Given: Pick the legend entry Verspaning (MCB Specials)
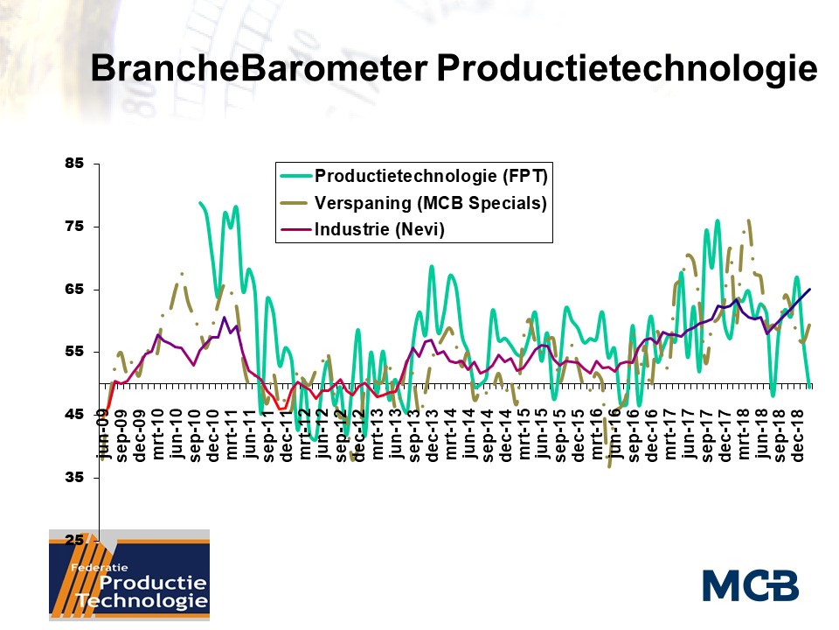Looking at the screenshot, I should (x=430, y=203).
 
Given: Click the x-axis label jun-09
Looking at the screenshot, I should (x=103, y=438).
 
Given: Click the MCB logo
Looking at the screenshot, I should (x=750, y=584).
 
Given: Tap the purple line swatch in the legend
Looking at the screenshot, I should (x=295, y=231).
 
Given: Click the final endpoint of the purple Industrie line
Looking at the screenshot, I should (x=809, y=289).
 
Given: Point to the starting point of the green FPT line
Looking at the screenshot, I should (x=200, y=203).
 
